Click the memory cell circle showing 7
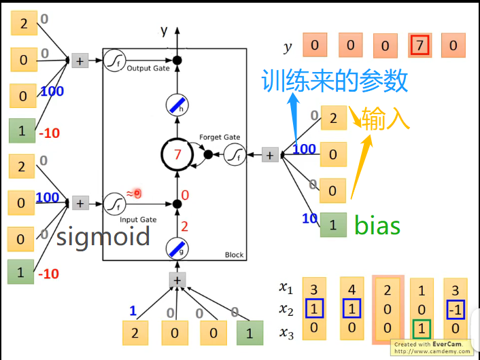(177, 155)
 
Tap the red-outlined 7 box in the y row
(419, 46)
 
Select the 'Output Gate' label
(148, 69)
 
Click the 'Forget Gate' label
(219, 138)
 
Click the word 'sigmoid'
(103, 236)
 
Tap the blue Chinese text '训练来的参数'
(335, 81)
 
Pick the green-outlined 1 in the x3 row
(422, 329)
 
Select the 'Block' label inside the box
(233, 255)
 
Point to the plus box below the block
(177, 279)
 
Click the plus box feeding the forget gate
(271, 156)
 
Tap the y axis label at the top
(164, 31)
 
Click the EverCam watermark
(435, 347)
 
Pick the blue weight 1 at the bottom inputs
(133, 311)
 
